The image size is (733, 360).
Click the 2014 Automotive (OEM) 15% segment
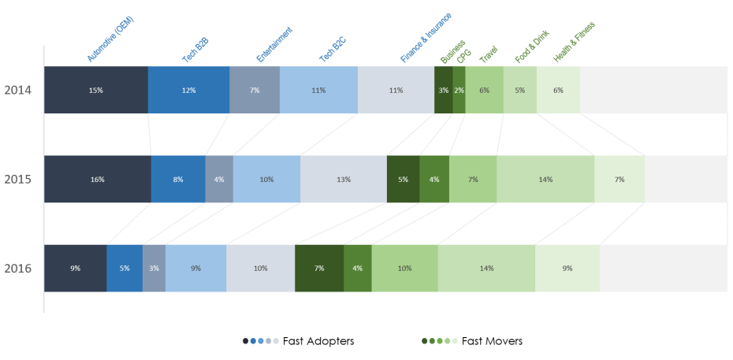(95, 90)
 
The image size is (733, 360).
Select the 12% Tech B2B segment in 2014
(188, 90)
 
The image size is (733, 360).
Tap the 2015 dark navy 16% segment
(97, 179)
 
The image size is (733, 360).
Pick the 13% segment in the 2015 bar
(343, 179)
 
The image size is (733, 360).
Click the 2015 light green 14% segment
(545, 179)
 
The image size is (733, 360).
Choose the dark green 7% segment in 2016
(318, 269)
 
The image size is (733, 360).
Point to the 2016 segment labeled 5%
(125, 269)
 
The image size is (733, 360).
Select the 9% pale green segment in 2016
(567, 269)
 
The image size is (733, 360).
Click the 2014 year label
(17, 91)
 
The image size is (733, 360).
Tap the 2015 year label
(17, 180)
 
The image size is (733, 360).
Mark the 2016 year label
(17, 269)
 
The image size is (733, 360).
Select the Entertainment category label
(274, 44)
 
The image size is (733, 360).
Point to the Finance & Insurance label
(426, 37)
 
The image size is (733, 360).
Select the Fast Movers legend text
(492, 341)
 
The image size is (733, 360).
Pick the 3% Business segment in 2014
(443, 90)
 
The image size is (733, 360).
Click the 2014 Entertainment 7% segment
(255, 90)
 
